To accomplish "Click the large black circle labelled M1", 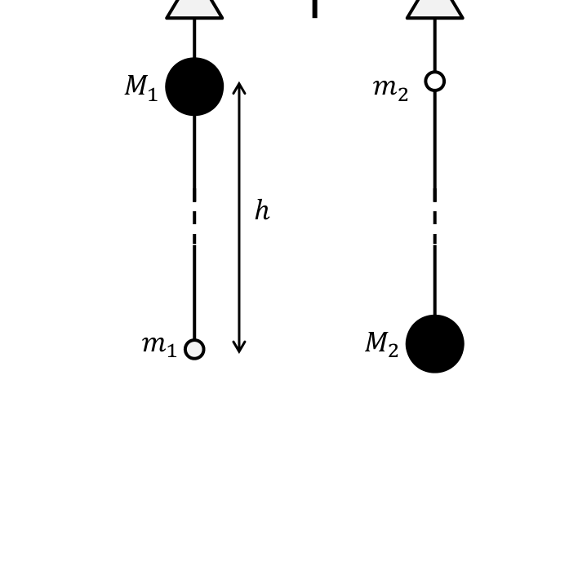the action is pos(194,86).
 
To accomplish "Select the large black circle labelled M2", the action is pos(435,344).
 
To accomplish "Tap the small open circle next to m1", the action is pos(194,349).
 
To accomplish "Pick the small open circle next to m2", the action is pos(435,82).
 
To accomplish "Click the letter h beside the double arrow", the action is pos(262,210).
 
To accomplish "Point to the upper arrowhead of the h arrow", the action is pos(239,82).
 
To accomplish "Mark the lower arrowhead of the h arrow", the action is pos(239,352).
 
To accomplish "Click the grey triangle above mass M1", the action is pos(194,9).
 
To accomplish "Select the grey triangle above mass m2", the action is pos(435,9).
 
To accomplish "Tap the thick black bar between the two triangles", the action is pos(314,9).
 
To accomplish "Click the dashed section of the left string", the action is pos(194,216).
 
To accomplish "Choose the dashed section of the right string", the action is pos(435,216).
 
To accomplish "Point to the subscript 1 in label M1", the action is pos(153,94).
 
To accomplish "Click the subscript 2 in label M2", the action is pos(393,350).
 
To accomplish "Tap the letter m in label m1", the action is pos(154,344).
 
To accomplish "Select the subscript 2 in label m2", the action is pos(402,95).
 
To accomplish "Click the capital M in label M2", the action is pos(376,342).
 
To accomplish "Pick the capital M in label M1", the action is pos(136,85).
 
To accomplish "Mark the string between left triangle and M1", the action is pos(194,38).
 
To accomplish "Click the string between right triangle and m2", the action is pos(435,45).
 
